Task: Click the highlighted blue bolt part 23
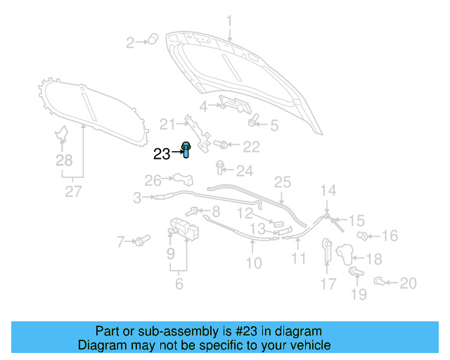187,149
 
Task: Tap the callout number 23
162,153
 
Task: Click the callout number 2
130,43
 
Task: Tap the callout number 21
166,124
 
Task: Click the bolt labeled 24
220,168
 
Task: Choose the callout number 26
153,180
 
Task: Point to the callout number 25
282,182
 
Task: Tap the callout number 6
179,283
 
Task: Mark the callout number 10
253,264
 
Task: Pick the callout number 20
408,283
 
